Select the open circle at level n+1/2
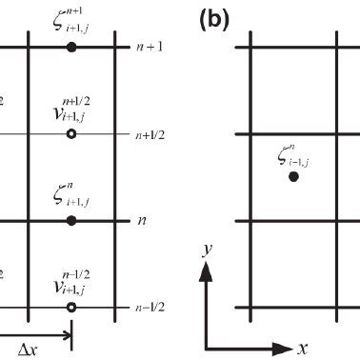(71, 134)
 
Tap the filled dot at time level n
(71, 220)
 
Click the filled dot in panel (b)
(293, 177)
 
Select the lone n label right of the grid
(142, 220)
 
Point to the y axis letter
(205, 250)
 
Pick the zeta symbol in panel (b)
(282, 154)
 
